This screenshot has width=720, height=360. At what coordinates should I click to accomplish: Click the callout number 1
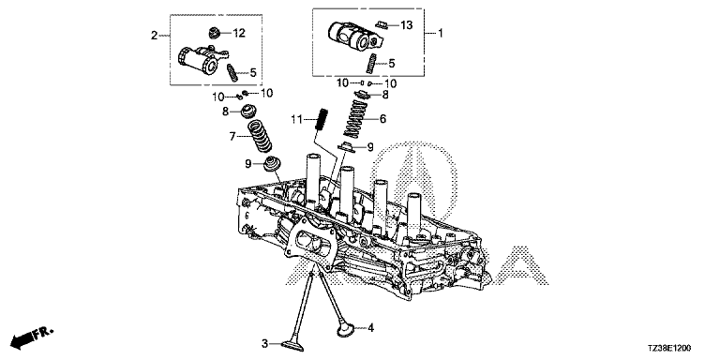pyautogui.click(x=440, y=34)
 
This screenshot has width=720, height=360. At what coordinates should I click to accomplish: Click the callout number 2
pyautogui.click(x=155, y=36)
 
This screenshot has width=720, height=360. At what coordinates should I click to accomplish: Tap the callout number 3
pyautogui.click(x=264, y=343)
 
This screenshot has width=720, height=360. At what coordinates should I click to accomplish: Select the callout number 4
pyautogui.click(x=371, y=328)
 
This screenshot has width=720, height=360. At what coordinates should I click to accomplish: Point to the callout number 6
pyautogui.click(x=382, y=119)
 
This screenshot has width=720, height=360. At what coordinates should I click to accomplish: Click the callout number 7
pyautogui.click(x=232, y=136)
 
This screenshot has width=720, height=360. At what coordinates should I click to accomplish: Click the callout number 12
pyautogui.click(x=239, y=33)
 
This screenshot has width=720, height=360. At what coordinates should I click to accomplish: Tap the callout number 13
pyautogui.click(x=407, y=24)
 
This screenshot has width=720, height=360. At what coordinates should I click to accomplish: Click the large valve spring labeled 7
pyautogui.click(x=260, y=135)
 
